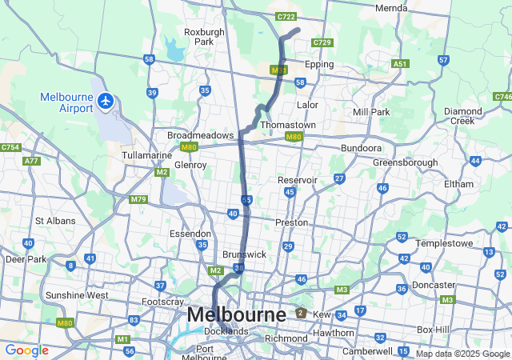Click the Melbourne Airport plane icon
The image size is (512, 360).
click(106, 101)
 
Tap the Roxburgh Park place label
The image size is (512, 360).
click(198, 37)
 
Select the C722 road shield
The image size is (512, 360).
click(286, 16)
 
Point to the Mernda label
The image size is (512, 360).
click(391, 8)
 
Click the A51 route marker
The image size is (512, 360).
click(400, 63)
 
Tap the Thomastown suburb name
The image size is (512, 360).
click(288, 126)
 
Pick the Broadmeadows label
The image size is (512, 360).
click(200, 135)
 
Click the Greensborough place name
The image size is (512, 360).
click(405, 162)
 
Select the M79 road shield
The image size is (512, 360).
click(138, 198)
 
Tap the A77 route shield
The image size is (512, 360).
click(32, 161)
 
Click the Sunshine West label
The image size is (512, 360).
click(77, 295)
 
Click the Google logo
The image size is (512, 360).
click(26, 350)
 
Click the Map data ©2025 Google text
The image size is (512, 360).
click(462, 354)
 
